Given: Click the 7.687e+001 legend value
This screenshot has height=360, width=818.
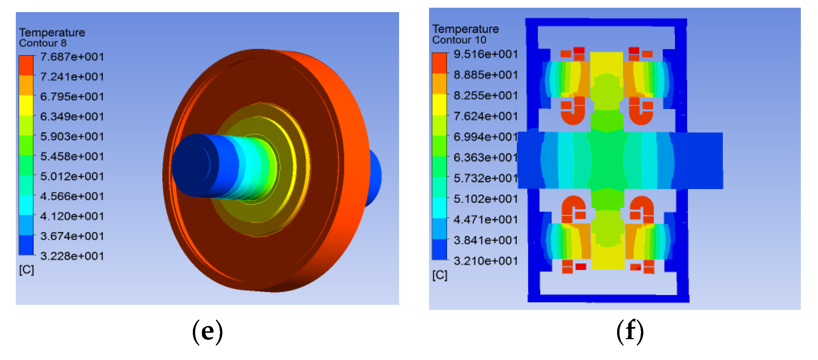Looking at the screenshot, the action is pyautogui.click(x=72, y=57).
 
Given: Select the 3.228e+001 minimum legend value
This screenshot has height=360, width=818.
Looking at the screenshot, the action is pyautogui.click(x=72, y=256).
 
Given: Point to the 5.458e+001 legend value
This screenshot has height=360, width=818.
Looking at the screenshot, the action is pyautogui.click(x=72, y=156).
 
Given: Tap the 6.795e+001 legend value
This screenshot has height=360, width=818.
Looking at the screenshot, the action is pyautogui.click(x=72, y=97).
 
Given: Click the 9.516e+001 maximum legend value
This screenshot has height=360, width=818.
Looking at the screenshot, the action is pyautogui.click(x=486, y=54).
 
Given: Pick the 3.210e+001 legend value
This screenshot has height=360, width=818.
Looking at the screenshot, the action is pyautogui.click(x=486, y=261).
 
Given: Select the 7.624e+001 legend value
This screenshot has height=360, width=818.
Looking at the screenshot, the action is pyautogui.click(x=486, y=116).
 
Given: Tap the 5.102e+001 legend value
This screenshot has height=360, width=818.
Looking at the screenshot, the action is pyautogui.click(x=486, y=199).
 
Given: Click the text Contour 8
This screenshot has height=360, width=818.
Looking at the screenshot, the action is pyautogui.click(x=43, y=43).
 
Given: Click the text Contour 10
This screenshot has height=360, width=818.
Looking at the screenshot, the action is pyautogui.click(x=459, y=40).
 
